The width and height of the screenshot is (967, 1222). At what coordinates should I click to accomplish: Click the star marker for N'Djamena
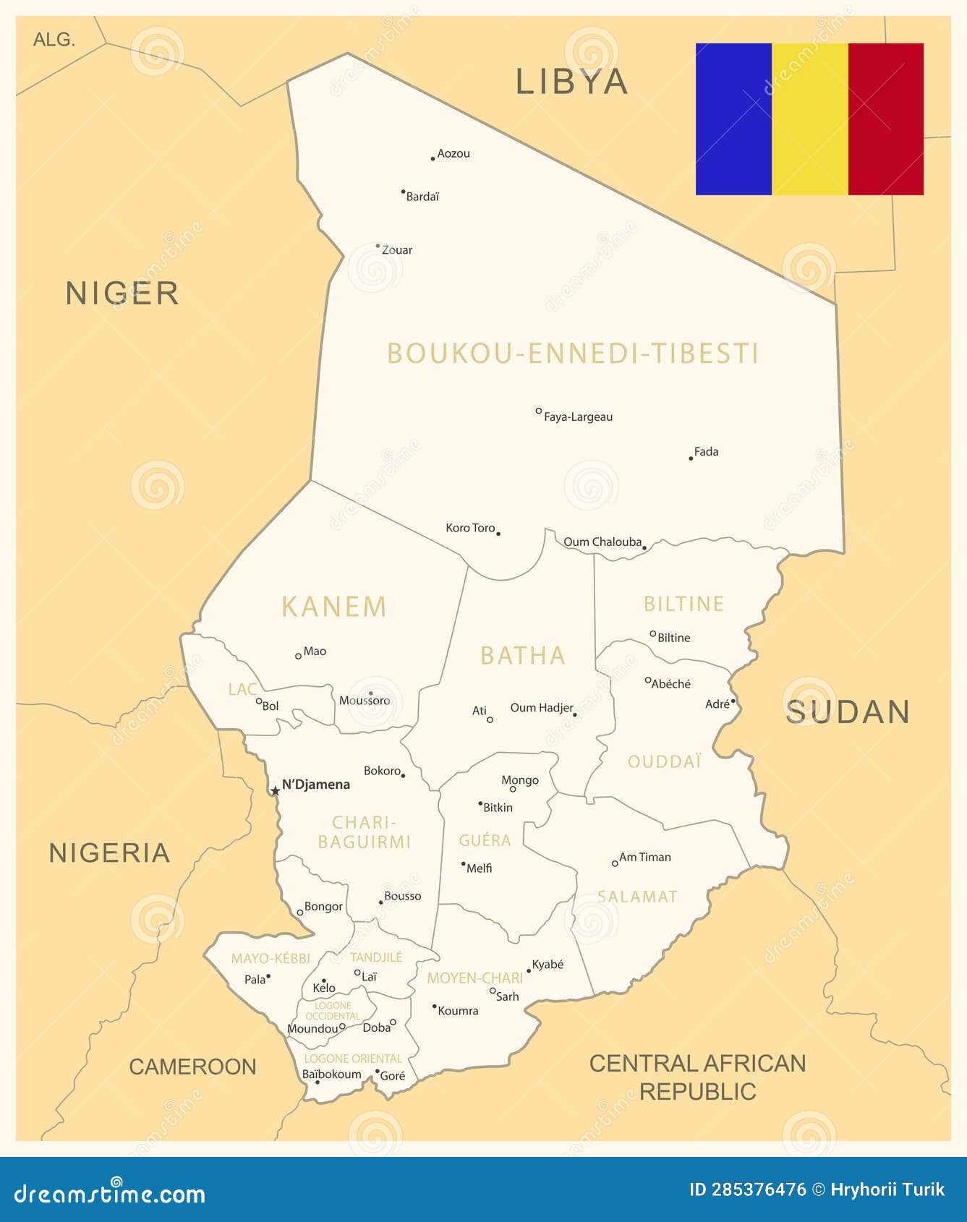[x=275, y=791]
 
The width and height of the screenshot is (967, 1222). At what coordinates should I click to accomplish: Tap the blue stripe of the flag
[x=733, y=119]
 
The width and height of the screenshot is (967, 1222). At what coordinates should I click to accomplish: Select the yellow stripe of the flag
[x=810, y=119]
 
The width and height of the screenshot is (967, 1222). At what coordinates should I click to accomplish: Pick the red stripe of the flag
[x=886, y=119]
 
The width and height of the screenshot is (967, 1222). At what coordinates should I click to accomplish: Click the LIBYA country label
[x=571, y=82]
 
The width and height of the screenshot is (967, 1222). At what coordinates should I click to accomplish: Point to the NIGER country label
[x=122, y=294]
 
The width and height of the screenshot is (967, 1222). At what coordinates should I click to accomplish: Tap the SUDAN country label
[x=848, y=712]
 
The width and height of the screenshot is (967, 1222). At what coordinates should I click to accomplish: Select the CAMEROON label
[x=192, y=1067]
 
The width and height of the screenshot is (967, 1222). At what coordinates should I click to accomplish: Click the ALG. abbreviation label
[x=54, y=40]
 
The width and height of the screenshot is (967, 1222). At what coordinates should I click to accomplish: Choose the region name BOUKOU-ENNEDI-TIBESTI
[x=573, y=354]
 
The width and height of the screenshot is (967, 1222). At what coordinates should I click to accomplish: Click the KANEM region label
[x=334, y=607]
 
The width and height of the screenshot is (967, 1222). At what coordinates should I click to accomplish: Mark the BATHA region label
[x=523, y=656]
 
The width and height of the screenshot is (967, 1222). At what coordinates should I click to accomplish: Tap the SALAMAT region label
[x=637, y=897]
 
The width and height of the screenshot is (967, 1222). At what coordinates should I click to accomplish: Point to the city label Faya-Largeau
[x=578, y=417]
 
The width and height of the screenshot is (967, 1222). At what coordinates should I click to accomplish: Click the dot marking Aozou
[x=433, y=158]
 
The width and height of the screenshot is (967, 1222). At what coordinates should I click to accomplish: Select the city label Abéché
[x=670, y=684]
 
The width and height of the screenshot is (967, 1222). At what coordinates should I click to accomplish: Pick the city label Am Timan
[x=644, y=858]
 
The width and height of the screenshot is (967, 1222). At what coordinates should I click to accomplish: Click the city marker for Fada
[x=691, y=458]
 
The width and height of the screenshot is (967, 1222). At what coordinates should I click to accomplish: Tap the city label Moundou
[x=312, y=1028]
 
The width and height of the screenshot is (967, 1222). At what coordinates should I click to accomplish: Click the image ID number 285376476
[x=758, y=1189]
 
